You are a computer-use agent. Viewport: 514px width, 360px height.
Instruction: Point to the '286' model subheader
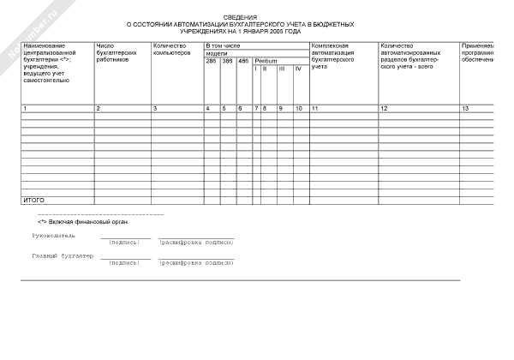[212, 61]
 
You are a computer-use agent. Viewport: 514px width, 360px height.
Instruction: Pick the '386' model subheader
[227, 61]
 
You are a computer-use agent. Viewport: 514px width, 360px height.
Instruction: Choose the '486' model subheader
[243, 61]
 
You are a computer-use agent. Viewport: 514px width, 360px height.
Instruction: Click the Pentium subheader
[266, 61]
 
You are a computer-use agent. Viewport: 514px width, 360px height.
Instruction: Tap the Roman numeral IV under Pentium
[297, 68]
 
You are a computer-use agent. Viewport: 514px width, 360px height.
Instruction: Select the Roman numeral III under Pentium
[282, 68]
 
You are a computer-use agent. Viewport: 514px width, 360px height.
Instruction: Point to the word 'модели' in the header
[217, 52]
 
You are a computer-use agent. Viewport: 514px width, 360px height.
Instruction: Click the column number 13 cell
[465, 109]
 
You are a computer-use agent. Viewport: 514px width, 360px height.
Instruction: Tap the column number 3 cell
[155, 109]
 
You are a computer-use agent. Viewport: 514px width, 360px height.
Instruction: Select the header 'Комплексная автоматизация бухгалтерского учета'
[338, 52]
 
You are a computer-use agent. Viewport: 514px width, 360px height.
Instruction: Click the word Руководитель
[53, 235]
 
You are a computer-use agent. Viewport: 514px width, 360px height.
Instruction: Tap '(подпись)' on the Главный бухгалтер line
[125, 264]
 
